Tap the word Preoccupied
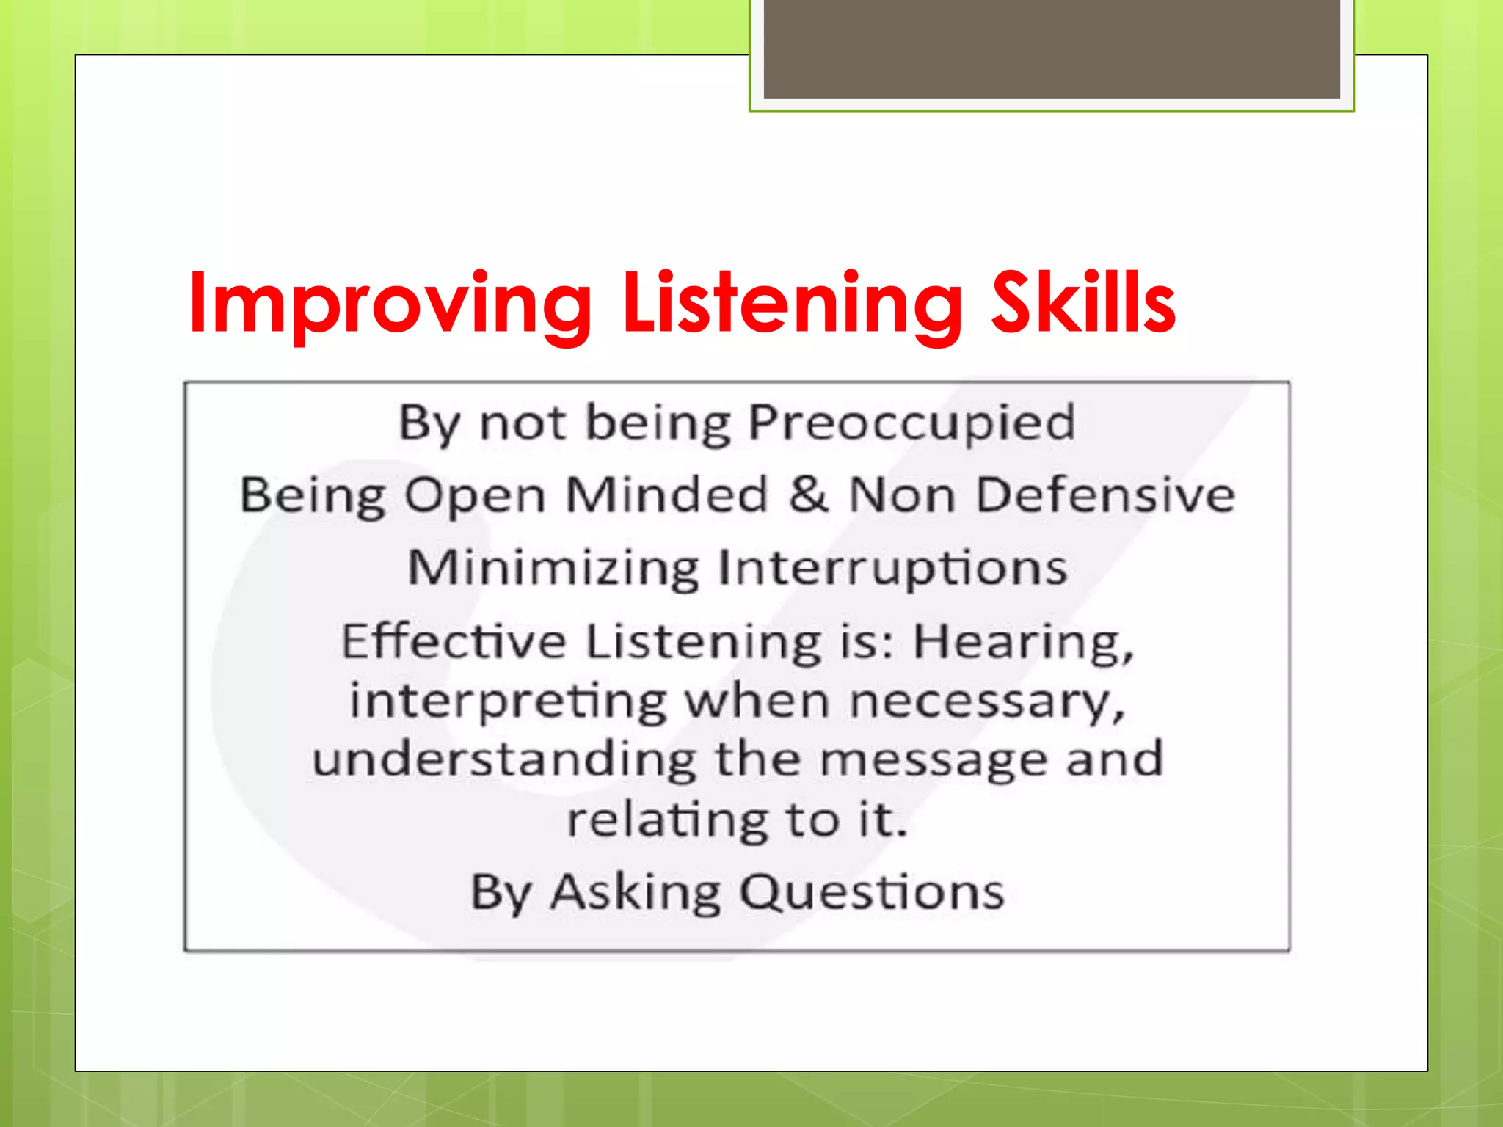[x=911, y=423]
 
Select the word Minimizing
[x=553, y=569]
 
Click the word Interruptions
[x=892, y=569]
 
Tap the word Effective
[x=454, y=641]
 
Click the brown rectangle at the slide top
[x=1051, y=48]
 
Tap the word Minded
[x=666, y=495]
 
